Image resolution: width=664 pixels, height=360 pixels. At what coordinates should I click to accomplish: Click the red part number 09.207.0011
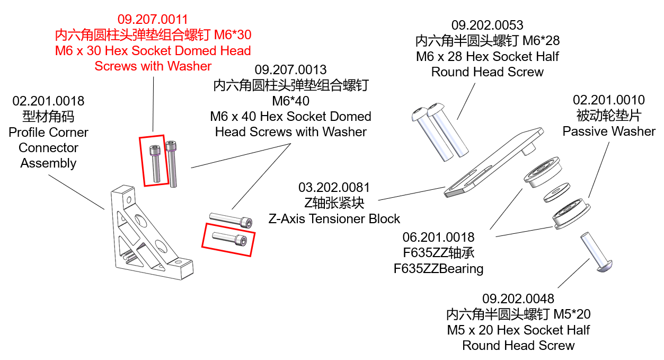coord(153,20)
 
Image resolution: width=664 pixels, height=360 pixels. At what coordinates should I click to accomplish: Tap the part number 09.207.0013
coord(290,69)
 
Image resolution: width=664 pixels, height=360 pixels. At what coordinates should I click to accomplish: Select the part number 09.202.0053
coord(487,25)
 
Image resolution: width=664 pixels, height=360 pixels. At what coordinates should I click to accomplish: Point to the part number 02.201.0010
coord(609,100)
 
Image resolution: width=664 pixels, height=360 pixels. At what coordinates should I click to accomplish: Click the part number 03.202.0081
coord(334,188)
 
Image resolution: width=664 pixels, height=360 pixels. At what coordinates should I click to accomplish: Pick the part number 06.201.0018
coord(438,237)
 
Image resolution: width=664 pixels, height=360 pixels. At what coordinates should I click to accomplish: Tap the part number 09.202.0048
coord(518,298)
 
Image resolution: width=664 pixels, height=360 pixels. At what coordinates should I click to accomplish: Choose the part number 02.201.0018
coord(48,101)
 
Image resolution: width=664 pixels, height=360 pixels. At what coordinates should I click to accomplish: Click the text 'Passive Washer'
coord(609,131)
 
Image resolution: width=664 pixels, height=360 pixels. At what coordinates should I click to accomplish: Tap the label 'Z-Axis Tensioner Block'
coord(334,218)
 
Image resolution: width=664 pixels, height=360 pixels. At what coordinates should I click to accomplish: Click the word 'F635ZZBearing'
coord(438,268)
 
